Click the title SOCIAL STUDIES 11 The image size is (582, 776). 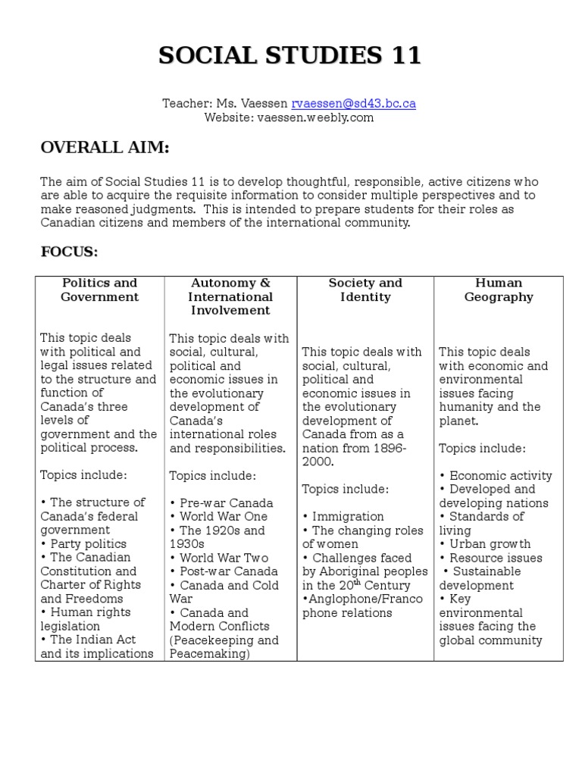(290, 56)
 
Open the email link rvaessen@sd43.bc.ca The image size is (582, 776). (354, 104)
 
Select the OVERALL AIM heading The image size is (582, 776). (105, 148)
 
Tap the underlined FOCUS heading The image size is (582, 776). (69, 252)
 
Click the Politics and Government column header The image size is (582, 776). (100, 290)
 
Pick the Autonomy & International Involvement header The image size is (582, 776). (230, 296)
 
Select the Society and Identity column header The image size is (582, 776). (365, 290)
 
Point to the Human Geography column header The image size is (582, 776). (499, 290)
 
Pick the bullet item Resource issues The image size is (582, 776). (494, 558)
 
